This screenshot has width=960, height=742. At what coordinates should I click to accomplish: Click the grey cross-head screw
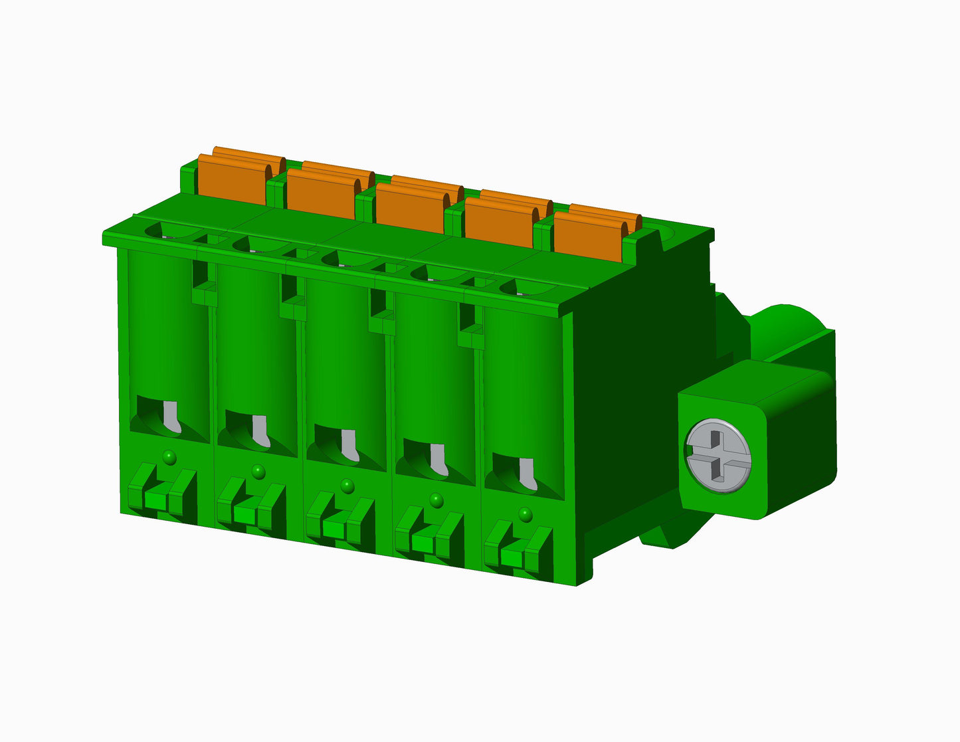click(719, 456)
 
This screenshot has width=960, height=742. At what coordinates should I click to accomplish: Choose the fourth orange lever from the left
click(498, 221)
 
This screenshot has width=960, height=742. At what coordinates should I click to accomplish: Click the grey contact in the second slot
click(260, 431)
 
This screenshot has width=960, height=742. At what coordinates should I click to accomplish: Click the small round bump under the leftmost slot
click(169, 456)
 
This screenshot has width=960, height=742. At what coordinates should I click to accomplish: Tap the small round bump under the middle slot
click(347, 486)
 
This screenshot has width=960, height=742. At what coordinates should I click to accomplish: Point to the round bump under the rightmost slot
click(526, 514)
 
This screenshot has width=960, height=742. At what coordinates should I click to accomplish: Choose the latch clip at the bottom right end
click(518, 551)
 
